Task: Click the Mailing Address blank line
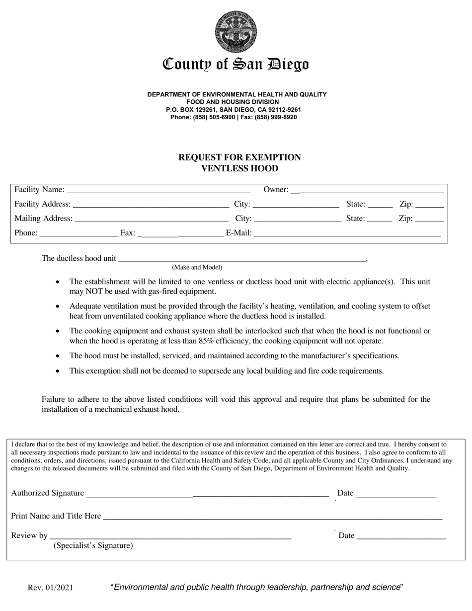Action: tap(151, 219)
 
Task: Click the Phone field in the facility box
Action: tap(78, 233)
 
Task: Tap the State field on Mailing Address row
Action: tap(380, 219)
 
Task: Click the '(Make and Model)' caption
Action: tap(197, 267)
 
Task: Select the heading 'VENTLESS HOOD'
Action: tap(239, 168)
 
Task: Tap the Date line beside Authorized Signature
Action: tap(396, 494)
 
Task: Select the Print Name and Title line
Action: tap(272, 517)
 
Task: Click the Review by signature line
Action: tap(170, 536)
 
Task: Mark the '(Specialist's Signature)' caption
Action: tap(93, 546)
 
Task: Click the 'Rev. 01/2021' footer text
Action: tap(50, 588)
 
